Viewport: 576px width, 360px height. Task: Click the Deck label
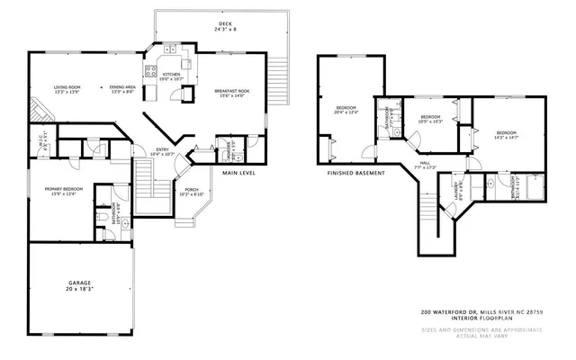click(222, 26)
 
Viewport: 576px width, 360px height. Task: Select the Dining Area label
click(121, 88)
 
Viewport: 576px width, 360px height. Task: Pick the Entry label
click(162, 152)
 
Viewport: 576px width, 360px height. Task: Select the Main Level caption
click(240, 173)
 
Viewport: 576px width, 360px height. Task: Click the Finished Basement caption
click(355, 173)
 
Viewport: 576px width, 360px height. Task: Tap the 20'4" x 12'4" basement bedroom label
click(346, 111)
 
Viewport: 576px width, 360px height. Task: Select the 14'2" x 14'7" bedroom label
click(504, 135)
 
